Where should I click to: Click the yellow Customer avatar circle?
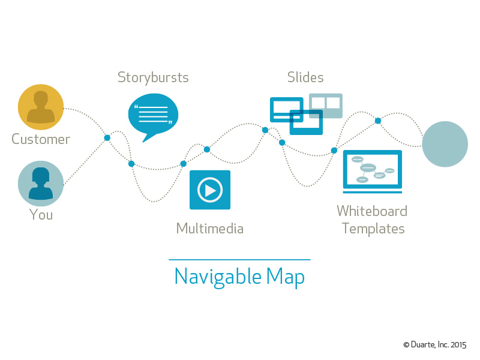point(41,107)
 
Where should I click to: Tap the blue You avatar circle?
point(41,184)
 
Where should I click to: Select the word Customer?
point(41,139)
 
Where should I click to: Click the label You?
point(41,214)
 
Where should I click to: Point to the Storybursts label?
point(153,78)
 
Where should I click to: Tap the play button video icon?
point(210,190)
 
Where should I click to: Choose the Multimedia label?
point(210,229)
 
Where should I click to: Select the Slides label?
point(305,77)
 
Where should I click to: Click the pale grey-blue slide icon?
point(326,106)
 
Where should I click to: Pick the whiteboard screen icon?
point(372,172)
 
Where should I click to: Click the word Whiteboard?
point(372,211)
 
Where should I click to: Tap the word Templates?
point(373,229)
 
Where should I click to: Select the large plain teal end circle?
point(445,144)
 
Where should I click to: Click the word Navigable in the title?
point(218,277)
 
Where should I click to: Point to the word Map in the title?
point(286,277)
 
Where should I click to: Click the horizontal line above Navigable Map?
point(239,260)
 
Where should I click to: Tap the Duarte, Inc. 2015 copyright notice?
point(434,344)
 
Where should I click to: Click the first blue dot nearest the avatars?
point(107,138)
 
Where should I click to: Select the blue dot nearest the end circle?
point(378,121)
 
